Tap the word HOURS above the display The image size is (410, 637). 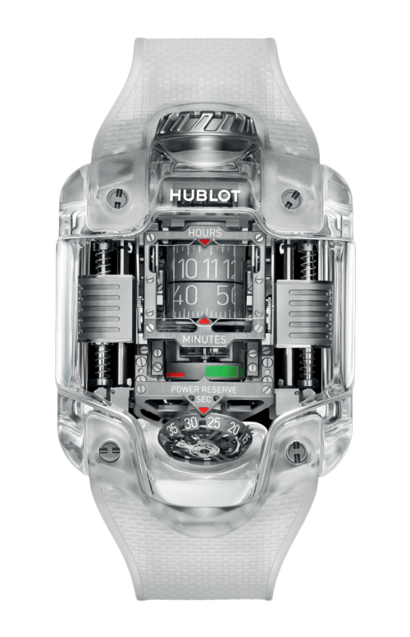click(x=204, y=234)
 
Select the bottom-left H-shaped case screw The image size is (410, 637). click(x=107, y=451)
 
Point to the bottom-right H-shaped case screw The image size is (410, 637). click(x=298, y=450)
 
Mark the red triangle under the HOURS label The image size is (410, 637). click(x=204, y=243)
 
